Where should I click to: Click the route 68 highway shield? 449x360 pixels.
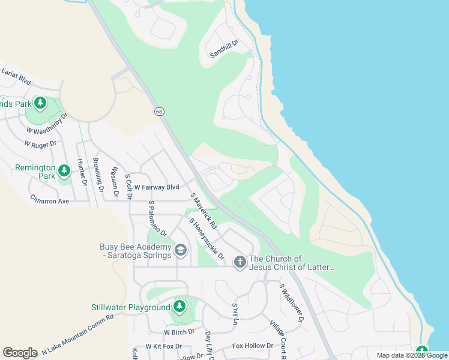(x=158, y=111)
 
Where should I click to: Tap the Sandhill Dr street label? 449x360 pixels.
(x=224, y=49)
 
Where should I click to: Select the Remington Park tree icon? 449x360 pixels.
(x=64, y=173)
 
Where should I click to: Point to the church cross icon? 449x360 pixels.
(x=240, y=262)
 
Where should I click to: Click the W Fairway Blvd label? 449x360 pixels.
(x=157, y=187)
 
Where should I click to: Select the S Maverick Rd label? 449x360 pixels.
(x=204, y=208)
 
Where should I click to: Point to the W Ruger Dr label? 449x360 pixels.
(x=40, y=144)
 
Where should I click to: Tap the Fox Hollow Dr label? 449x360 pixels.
(x=253, y=346)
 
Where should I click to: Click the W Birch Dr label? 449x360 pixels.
(x=179, y=331)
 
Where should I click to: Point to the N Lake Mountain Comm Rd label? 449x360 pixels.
(x=77, y=337)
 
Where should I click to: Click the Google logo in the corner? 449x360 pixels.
(x=20, y=353)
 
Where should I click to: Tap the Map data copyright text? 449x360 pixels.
(x=412, y=355)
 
